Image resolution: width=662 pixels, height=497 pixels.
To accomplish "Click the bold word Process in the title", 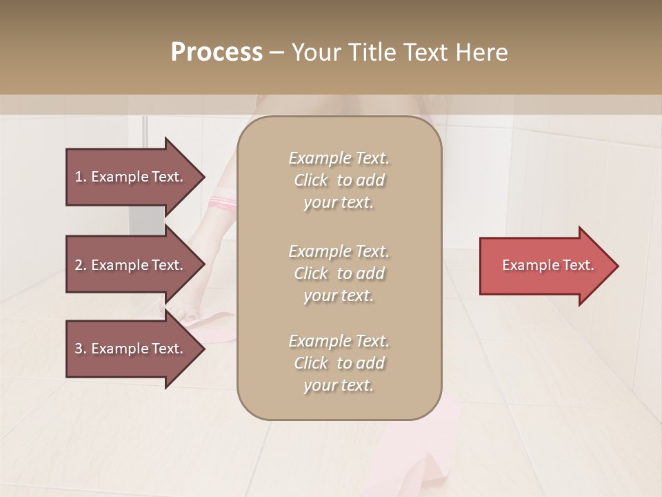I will [x=217, y=52].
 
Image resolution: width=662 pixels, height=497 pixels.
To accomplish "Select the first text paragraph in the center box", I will [x=339, y=180].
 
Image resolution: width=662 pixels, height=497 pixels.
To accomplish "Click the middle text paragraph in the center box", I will [x=339, y=273].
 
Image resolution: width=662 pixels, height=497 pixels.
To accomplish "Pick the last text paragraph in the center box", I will [x=339, y=363].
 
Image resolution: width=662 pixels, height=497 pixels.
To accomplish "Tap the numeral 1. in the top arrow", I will [x=81, y=177].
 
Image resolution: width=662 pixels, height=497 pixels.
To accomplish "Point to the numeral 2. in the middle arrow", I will [x=81, y=265].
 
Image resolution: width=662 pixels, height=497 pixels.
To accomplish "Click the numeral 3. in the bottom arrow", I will [x=81, y=349].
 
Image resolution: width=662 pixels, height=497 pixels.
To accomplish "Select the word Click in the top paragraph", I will [x=311, y=180].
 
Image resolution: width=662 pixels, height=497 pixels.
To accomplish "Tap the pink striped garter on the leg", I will [x=225, y=202].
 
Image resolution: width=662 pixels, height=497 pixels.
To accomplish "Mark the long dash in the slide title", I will [x=277, y=52].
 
